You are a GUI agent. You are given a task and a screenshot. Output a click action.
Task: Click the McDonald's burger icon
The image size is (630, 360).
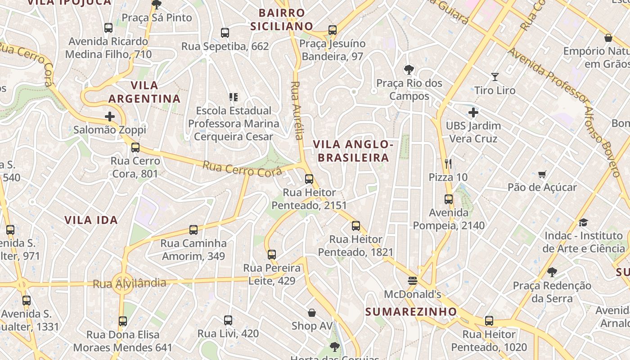[413, 281]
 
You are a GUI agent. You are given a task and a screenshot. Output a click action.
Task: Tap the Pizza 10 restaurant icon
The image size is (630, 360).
[448, 164]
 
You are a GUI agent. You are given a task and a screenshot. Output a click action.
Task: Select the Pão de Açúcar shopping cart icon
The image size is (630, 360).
[542, 174]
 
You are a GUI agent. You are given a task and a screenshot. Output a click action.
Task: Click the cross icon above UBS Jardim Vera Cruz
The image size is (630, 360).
[473, 112]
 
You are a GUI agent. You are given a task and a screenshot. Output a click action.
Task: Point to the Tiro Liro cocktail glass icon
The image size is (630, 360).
[495, 77]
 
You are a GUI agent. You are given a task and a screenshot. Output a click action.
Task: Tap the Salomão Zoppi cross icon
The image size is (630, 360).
[110, 117]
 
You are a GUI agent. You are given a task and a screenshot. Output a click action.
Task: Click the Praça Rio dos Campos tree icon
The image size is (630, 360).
[409, 70]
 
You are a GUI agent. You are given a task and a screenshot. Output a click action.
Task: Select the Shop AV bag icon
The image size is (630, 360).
[312, 312]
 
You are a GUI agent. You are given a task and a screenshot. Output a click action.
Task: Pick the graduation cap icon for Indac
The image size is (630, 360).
[583, 222]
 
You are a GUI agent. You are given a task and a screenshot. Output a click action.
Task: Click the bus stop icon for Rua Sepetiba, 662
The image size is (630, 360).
[225, 33]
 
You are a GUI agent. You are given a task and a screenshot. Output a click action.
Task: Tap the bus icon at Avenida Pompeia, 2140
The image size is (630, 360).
[449, 199]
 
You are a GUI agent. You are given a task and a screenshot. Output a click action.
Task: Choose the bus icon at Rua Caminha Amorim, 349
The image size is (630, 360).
[193, 230]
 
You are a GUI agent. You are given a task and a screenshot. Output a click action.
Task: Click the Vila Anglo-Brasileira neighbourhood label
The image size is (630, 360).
[353, 151]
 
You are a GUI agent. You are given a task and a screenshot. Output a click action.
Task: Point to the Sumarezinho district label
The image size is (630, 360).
[411, 311]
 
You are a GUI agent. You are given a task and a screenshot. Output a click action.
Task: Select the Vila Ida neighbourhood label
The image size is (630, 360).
[91, 220]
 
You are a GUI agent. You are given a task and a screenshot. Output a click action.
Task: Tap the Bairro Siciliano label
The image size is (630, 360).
[282, 19]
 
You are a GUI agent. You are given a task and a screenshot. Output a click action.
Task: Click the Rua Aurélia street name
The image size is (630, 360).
[296, 110]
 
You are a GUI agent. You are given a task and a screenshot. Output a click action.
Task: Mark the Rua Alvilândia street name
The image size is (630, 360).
[129, 283]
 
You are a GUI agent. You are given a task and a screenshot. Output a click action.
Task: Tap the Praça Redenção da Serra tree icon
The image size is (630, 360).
[552, 272]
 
